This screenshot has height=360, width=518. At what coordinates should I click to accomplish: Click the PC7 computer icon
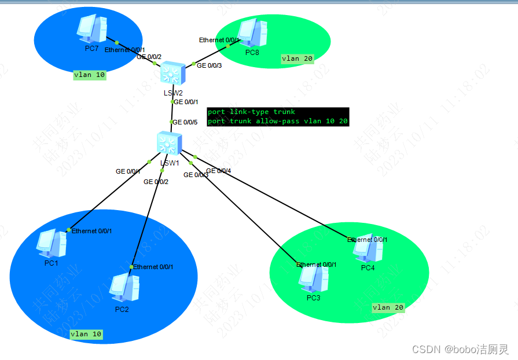click(x=92, y=29)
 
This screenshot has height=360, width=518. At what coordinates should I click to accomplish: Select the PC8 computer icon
click(x=252, y=34)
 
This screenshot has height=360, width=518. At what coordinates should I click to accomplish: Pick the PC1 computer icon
click(x=52, y=243)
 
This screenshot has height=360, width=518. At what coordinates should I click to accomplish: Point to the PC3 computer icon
click(x=313, y=279)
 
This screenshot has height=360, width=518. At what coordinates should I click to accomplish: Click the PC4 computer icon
click(x=368, y=249)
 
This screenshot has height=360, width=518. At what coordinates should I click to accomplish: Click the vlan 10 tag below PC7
click(x=90, y=75)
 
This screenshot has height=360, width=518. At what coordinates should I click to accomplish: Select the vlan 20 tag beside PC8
click(x=297, y=58)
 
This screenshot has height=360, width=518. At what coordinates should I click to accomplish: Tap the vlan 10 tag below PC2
click(x=86, y=334)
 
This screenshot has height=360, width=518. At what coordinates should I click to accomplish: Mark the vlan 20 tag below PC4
click(x=388, y=308)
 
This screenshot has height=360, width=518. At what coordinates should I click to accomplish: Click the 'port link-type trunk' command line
click(x=251, y=112)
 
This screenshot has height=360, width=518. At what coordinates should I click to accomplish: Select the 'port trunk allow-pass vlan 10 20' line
click(x=277, y=121)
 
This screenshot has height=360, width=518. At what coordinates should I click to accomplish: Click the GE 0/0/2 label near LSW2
click(x=149, y=57)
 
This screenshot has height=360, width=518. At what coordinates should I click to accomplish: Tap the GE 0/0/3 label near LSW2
click(x=210, y=66)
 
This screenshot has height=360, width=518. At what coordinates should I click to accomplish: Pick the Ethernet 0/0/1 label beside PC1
click(x=91, y=231)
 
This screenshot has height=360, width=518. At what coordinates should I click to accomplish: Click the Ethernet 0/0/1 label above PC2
click(x=153, y=267)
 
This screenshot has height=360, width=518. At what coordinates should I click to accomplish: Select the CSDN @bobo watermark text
click(x=460, y=349)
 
